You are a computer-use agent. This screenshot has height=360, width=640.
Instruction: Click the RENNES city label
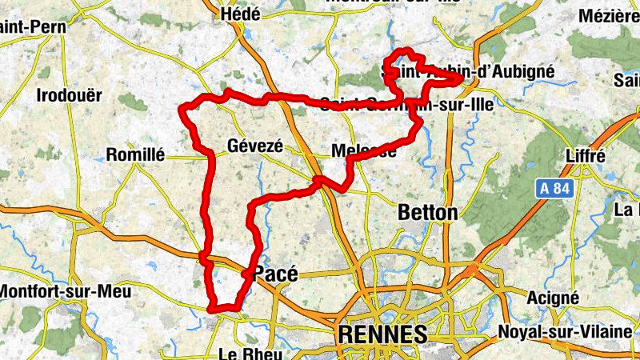(382, 333)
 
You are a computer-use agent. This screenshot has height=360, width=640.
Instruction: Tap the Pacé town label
(275, 274)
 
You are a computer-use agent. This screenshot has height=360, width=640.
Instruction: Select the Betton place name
(428, 213)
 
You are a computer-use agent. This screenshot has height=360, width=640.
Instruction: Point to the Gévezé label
(255, 146)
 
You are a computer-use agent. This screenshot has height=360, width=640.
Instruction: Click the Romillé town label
(135, 154)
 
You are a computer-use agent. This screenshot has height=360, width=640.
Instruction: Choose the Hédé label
(245, 14)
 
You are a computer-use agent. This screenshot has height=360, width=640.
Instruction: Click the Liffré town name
(584, 155)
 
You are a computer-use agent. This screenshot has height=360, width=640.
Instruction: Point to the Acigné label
(554, 298)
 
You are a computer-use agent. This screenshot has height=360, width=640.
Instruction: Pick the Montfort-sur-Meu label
(64, 292)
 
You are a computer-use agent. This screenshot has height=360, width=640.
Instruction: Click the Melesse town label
(364, 151)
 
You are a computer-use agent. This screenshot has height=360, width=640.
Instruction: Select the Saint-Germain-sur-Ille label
(406, 103)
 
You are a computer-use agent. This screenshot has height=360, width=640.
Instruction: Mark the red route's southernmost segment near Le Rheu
(224, 309)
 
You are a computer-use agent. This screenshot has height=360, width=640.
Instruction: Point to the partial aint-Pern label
(32, 26)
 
